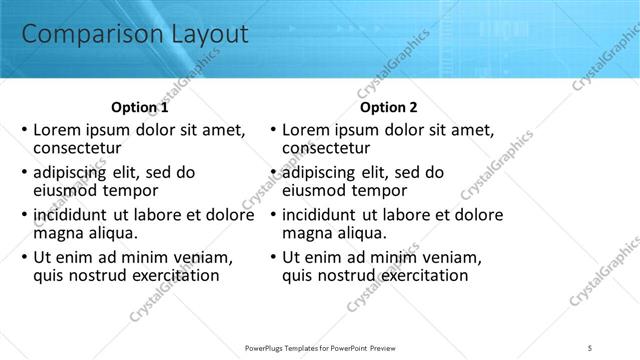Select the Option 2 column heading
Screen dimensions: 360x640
[x=389, y=108]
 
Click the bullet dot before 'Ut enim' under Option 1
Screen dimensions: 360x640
[x=24, y=257]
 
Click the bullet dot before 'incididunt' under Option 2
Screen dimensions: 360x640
[x=273, y=215]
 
